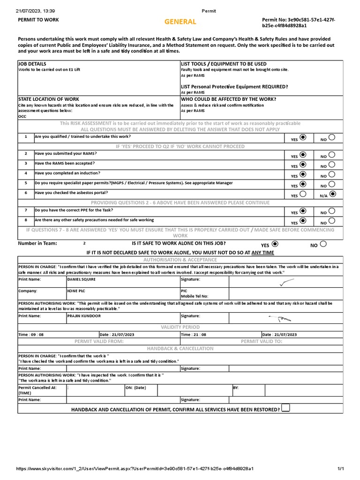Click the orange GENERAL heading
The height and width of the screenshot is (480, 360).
tap(180, 22)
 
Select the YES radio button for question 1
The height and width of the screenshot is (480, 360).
tap(303, 137)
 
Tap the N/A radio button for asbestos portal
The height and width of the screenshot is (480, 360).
tap(332, 193)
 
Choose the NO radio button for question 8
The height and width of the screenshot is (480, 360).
tap(331, 221)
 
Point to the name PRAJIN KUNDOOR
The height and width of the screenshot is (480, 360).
tap(84, 316)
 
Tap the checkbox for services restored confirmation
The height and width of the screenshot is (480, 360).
tap(286, 408)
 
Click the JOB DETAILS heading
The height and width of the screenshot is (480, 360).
tap(32, 63)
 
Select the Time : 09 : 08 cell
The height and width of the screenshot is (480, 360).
tap(30, 335)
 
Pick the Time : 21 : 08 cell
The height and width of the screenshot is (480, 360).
tap(193, 335)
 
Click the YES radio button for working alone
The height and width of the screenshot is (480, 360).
tap(275, 244)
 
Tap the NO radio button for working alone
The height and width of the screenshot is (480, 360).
tap(323, 244)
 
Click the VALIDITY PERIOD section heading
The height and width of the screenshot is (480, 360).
tap(180, 327)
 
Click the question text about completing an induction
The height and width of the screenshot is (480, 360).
tap(67, 173)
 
